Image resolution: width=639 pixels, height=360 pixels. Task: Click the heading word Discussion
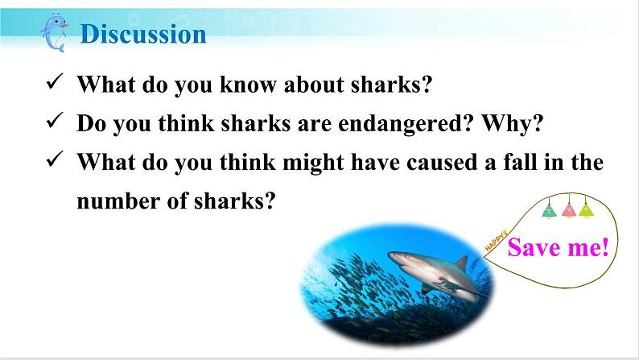pos(143,34)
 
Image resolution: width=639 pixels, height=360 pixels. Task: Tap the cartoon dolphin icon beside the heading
pos(54,32)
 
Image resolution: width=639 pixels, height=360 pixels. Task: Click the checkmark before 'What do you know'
pos(55,81)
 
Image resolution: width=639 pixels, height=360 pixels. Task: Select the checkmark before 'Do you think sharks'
pos(55,120)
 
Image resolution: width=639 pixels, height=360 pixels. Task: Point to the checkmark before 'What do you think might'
pos(55,159)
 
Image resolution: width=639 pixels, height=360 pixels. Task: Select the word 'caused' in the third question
pos(442,162)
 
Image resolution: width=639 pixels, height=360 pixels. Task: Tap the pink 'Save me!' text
pos(558,247)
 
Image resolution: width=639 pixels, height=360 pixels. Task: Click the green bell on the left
pos(550,209)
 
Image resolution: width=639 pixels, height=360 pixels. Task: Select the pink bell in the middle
pos(568,209)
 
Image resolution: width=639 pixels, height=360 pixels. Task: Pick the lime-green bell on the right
pos(586,209)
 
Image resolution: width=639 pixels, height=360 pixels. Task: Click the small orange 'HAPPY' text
pos(496,241)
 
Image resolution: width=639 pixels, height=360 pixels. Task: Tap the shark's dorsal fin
pos(462,263)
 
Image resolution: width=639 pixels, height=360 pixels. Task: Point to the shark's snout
pos(392,256)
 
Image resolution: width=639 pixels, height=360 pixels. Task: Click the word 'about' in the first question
pos(314,84)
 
